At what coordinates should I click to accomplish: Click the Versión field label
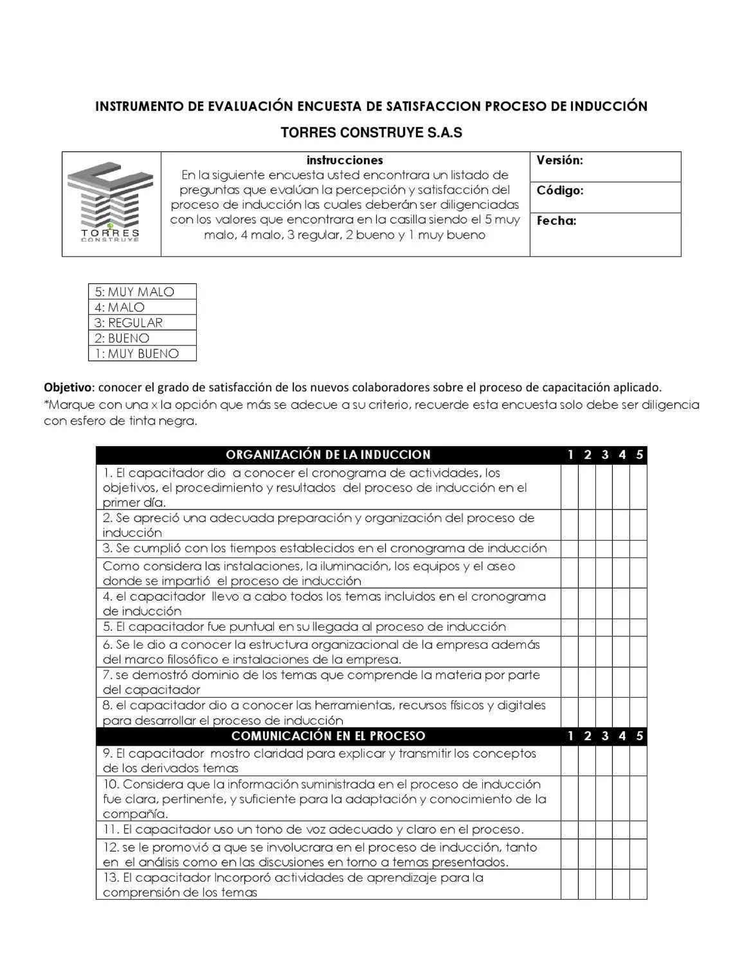click(559, 160)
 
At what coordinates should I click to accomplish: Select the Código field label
click(559, 191)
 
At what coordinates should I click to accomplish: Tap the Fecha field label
click(556, 221)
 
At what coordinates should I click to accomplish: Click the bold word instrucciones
click(345, 160)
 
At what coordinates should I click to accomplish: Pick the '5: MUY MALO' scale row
click(142, 291)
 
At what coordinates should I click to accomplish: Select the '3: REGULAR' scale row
click(142, 322)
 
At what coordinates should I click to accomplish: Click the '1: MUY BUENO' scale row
click(142, 354)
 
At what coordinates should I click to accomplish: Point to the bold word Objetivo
click(68, 387)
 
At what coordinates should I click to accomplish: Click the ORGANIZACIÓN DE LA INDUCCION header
click(328, 455)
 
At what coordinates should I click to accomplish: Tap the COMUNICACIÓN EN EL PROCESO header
click(328, 736)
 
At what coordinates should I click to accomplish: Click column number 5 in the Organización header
click(639, 455)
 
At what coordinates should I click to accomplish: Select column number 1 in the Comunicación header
click(570, 736)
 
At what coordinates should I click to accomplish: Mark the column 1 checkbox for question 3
click(569, 549)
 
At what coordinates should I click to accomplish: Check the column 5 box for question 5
click(638, 627)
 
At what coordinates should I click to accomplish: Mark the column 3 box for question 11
click(604, 830)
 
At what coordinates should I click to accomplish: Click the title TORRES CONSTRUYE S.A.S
click(371, 132)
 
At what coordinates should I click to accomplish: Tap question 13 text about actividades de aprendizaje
click(293, 885)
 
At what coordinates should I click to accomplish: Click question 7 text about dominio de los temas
click(321, 682)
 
